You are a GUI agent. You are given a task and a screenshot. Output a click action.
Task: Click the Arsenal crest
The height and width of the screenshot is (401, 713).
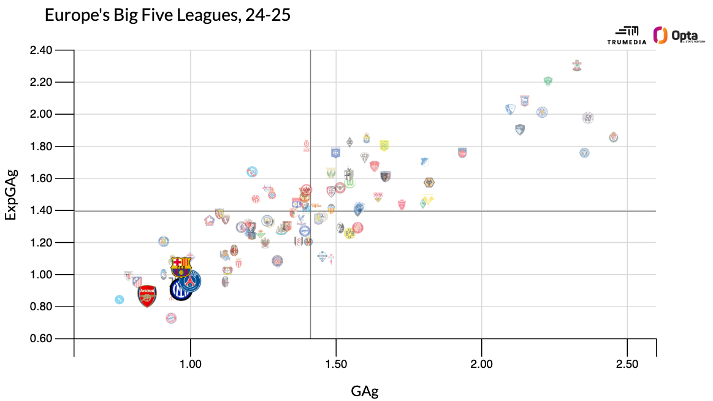[147, 296]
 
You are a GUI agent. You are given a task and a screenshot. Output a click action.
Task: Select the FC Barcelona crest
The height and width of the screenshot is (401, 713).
[181, 267]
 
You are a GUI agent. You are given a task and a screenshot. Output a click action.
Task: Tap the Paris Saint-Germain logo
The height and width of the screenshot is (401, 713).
[190, 281]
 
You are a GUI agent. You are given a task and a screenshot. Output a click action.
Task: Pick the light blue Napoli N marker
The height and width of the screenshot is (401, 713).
[120, 299]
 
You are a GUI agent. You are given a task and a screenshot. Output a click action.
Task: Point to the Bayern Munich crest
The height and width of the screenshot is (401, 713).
[172, 318]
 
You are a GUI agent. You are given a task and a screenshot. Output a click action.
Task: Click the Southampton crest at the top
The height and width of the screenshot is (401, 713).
[576, 65]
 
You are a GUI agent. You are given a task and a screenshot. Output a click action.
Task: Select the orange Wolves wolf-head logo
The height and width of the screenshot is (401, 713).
[429, 182]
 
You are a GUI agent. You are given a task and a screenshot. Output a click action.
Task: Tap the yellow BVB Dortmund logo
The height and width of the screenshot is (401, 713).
[349, 233]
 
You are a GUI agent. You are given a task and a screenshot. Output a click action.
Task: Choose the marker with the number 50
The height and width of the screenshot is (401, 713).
[588, 118]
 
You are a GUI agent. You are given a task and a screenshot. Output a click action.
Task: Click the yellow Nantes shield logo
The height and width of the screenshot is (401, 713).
[384, 145]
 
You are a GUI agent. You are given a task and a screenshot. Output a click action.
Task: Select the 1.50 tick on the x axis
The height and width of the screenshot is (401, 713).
[336, 364]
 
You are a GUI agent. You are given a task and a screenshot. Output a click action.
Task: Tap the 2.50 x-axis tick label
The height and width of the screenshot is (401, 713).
[627, 364]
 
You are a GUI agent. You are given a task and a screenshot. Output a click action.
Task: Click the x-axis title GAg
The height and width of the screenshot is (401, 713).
[365, 391]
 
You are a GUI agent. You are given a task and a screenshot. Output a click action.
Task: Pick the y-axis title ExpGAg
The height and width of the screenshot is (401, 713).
[11, 194]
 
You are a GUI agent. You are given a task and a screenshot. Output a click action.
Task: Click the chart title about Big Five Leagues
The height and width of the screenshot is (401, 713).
[167, 15]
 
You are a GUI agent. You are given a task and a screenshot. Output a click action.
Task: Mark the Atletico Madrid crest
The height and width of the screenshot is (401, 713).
[137, 281]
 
